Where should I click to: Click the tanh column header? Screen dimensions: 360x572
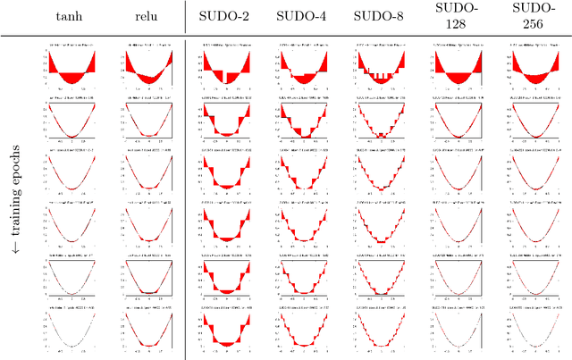70,16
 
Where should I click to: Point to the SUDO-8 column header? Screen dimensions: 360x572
380,16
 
